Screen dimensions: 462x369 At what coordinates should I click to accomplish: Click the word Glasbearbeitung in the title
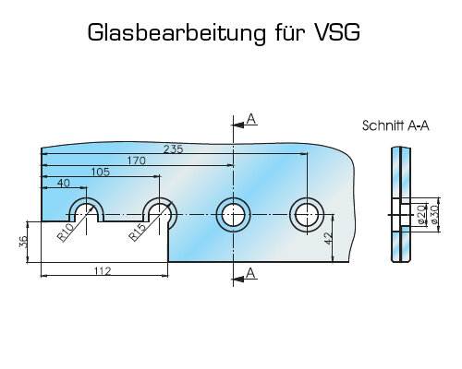(176, 33)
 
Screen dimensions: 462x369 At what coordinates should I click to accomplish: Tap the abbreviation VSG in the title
(337, 32)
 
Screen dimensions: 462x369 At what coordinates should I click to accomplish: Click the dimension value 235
(173, 149)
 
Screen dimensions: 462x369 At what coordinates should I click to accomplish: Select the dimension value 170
(137, 161)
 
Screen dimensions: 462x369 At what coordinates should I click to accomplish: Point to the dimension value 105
(101, 172)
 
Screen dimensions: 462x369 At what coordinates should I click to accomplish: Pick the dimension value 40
(64, 184)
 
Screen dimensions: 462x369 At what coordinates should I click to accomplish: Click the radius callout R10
(65, 232)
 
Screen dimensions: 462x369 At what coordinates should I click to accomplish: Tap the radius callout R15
(137, 232)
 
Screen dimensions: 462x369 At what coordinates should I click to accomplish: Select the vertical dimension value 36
(23, 242)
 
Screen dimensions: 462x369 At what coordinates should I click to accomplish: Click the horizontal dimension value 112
(103, 271)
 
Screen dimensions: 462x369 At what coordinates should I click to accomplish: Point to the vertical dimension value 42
(329, 239)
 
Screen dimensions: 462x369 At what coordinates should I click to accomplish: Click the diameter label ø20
(422, 214)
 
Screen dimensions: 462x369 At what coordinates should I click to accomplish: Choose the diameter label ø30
(434, 214)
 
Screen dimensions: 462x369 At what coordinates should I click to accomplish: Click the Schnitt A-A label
(395, 125)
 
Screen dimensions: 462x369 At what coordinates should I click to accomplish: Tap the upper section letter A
(251, 119)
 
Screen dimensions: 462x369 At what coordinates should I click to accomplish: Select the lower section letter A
(251, 273)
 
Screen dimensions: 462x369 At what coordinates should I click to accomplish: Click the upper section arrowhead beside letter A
(237, 125)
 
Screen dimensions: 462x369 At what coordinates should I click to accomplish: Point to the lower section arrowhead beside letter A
(237, 280)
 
